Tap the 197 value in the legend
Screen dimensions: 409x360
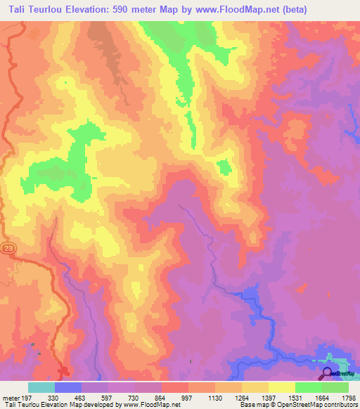click(27, 397)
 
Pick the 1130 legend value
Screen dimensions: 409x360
click(214, 397)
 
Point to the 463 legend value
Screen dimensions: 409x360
click(80, 397)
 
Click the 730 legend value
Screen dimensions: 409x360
click(134, 397)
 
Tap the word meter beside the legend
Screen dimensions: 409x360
click(9, 397)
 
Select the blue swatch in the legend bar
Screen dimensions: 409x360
click(68, 387)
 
